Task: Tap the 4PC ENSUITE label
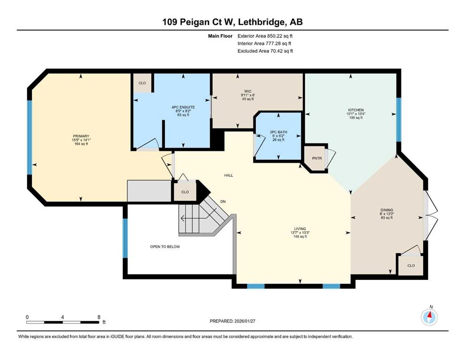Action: pos(183,107)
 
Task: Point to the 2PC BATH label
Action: pos(278,132)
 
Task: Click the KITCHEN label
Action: pos(355,110)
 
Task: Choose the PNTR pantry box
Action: pos(317,158)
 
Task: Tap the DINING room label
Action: pos(386,210)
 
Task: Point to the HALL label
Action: pos(228,175)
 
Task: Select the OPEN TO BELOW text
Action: pos(165,247)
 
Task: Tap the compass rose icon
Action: pos(429,317)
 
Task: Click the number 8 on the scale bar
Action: pos(99,317)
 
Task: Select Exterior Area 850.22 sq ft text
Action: pos(265,35)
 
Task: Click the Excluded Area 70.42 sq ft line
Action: pos(265,51)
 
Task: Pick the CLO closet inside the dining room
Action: pos(411,265)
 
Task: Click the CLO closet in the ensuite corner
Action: pos(142,83)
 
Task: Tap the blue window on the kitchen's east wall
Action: pos(399,119)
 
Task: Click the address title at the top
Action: pos(232,22)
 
